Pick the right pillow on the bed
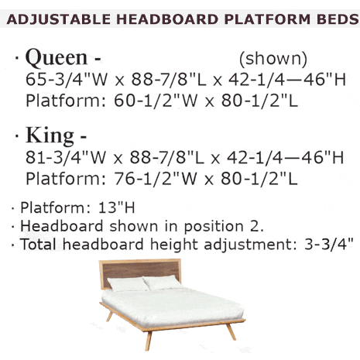(165, 283)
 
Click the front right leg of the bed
(230, 331)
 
